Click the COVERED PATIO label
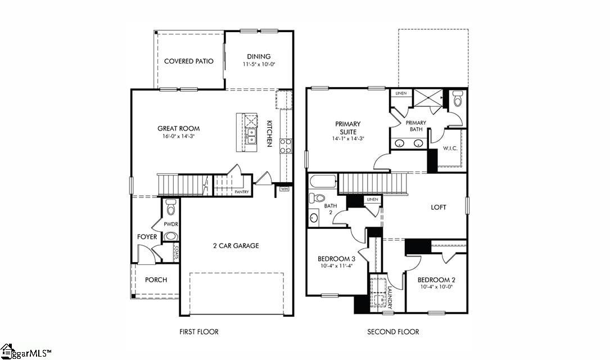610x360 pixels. [188, 61]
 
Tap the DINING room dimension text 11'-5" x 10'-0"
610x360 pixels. [259, 65]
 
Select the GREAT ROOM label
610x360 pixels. [178, 129]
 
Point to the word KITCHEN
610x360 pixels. [270, 133]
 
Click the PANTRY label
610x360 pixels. [242, 192]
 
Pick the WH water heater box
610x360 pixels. [284, 189]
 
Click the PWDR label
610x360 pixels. [170, 223]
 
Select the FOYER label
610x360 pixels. [147, 237]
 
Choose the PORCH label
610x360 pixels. [156, 280]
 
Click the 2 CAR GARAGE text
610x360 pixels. [236, 246]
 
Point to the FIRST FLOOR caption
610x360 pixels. [199, 332]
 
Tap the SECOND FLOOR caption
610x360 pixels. [393, 332]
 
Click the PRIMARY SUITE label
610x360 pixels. [348, 128]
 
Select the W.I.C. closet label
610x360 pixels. [449, 149]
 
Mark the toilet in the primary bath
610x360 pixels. [457, 100]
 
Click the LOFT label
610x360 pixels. [439, 208]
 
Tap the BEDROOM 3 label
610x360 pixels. [336, 259]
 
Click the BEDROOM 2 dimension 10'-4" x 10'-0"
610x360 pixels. [436, 287]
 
